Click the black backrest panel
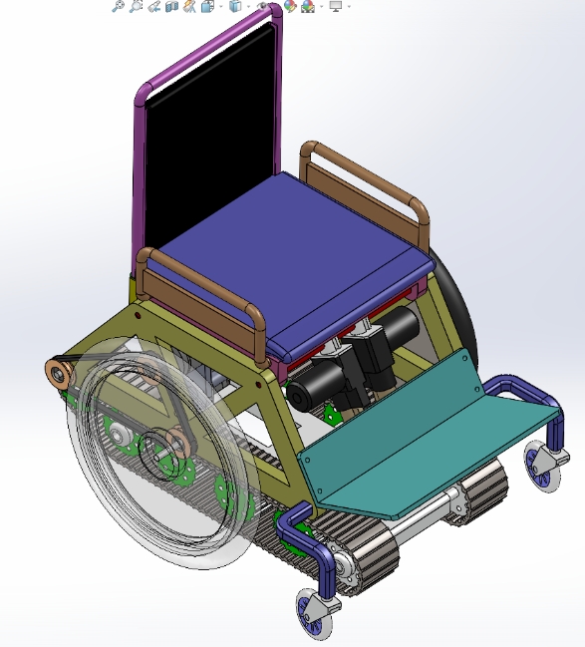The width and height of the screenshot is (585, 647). pos(209,120)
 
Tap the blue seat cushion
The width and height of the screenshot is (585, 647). pos(299,249)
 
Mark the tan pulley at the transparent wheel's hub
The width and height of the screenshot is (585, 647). pos(174,444)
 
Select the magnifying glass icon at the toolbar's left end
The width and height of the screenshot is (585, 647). pos(118,7)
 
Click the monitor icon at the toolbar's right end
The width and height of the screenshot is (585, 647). pos(336,7)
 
